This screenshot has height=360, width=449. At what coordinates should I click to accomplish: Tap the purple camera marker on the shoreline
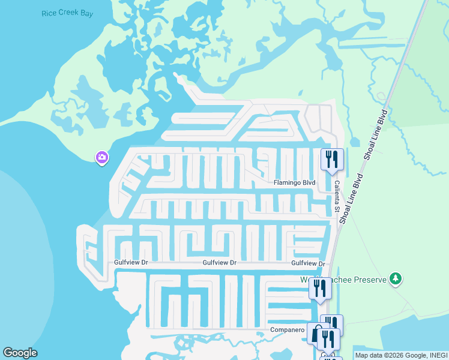[101, 157]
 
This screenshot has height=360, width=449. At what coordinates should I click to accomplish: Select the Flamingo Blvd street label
[294, 182]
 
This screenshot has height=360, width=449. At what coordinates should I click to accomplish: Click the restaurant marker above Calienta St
[332, 160]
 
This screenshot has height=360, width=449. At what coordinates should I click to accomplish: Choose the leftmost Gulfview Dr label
[131, 263]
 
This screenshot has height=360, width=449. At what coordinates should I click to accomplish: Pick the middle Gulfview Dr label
[220, 263]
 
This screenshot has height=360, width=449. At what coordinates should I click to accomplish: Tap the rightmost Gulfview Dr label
[308, 263]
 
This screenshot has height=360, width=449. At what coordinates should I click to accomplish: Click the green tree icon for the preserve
[395, 278]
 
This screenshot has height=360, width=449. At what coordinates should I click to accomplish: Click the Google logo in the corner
[20, 353]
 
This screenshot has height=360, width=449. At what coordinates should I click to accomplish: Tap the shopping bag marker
[316, 333]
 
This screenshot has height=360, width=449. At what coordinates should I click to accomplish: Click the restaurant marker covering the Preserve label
[320, 289]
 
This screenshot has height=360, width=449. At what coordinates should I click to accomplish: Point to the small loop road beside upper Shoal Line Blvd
[381, 96]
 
